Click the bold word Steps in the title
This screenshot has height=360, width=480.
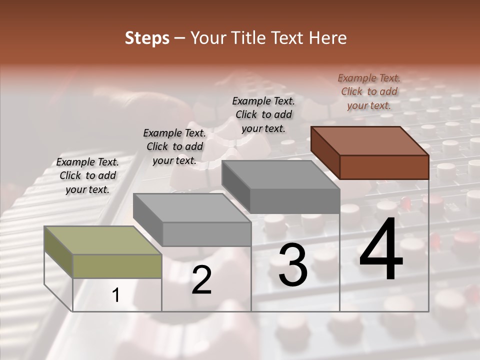click(x=147, y=38)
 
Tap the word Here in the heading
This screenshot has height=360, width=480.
click(x=328, y=38)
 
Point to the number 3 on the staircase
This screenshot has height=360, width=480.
click(x=292, y=264)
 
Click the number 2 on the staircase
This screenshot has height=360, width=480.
click(x=201, y=280)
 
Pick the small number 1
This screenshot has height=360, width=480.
click(x=116, y=295)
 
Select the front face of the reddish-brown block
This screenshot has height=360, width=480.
click(x=384, y=167)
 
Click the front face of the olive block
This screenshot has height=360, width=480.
click(x=117, y=266)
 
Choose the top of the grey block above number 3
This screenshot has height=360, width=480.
click(x=280, y=174)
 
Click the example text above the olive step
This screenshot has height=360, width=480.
click(x=87, y=175)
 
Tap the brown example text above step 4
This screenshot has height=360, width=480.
click(x=369, y=91)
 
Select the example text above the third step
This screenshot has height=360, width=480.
click(x=263, y=114)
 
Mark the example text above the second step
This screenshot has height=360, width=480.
click(x=174, y=146)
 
